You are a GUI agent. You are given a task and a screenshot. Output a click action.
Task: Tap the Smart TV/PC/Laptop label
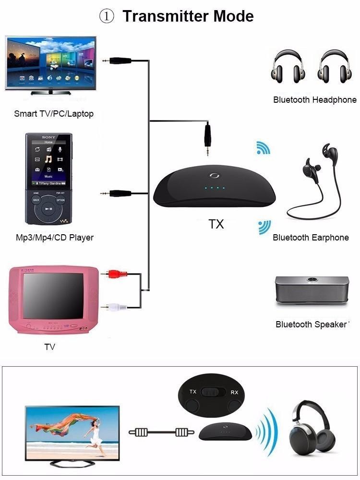click(x=54, y=114)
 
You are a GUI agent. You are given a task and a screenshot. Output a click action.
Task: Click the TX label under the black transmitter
click(x=216, y=224)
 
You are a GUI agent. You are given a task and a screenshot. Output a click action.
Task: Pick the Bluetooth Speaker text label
click(x=311, y=324)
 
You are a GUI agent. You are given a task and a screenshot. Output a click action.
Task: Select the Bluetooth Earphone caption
click(x=311, y=238)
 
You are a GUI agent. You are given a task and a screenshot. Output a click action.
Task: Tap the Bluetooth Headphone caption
click(x=314, y=100)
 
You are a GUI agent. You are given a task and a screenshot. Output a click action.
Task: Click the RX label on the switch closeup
click(x=234, y=392)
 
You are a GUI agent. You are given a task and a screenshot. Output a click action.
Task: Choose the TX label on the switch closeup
click(x=193, y=392)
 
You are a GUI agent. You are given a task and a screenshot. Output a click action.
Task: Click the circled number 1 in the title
click(x=107, y=16)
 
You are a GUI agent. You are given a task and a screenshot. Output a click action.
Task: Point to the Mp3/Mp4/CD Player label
click(x=54, y=238)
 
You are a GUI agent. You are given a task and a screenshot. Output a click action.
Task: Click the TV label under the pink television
click(x=49, y=347)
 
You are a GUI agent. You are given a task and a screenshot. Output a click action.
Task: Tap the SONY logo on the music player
click(x=48, y=138)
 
